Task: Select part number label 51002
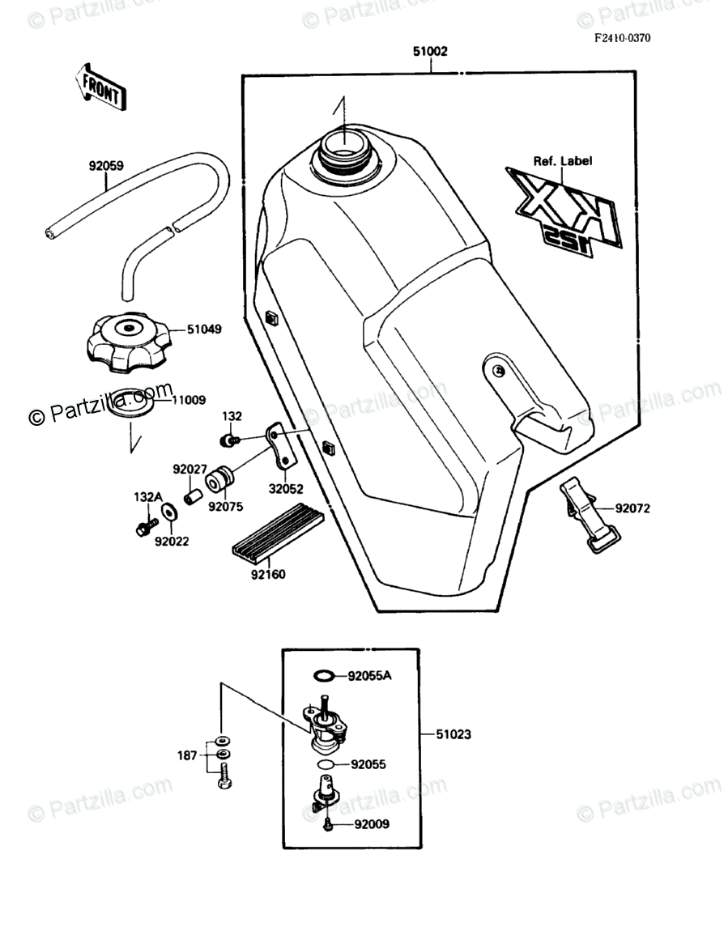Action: point(429,51)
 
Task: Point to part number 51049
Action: point(204,329)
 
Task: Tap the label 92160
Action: point(267,574)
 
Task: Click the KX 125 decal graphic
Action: point(564,212)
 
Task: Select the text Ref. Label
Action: point(562,161)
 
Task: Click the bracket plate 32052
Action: point(282,448)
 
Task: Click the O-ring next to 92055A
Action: point(322,676)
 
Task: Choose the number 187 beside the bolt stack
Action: point(187,755)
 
